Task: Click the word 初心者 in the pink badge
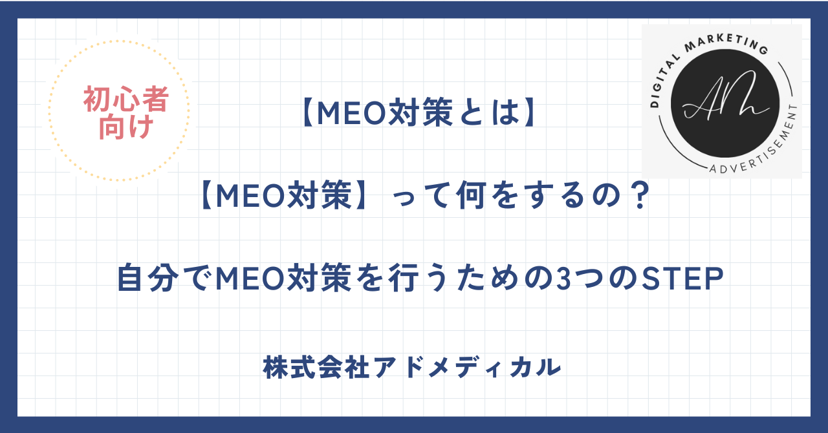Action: pos(125,100)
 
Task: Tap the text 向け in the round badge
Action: pos(125,127)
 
